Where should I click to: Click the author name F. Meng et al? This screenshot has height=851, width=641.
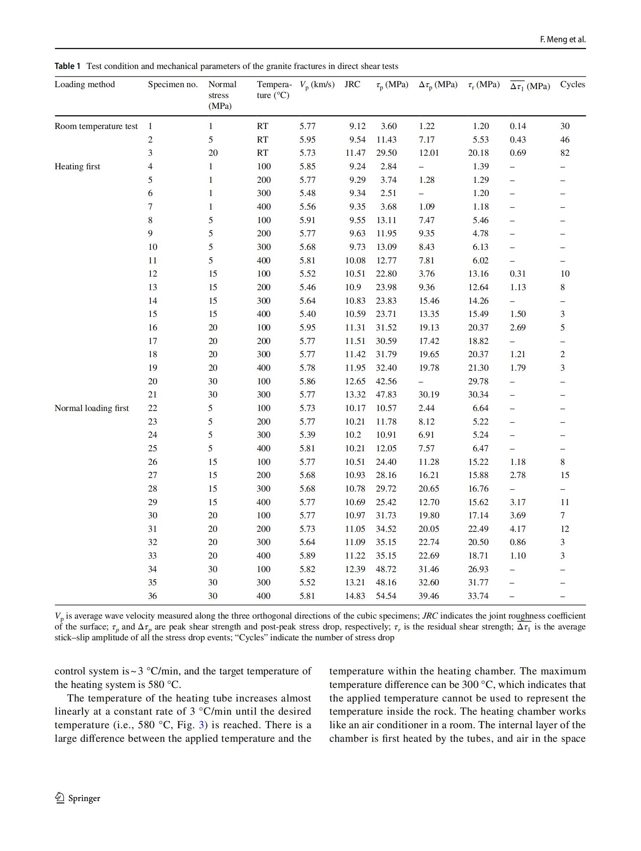[562, 40]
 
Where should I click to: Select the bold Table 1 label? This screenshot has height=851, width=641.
[67, 66]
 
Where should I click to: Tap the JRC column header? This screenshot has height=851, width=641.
[352, 84]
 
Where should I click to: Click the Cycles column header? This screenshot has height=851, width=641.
[572, 84]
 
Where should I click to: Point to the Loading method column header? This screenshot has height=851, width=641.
[84, 84]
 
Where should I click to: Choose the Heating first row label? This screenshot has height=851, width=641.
[77, 167]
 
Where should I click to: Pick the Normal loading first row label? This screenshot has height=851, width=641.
[91, 408]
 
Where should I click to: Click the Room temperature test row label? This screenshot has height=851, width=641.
[96, 126]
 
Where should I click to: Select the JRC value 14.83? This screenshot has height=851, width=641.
[355, 596]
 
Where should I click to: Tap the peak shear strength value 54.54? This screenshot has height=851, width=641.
[386, 596]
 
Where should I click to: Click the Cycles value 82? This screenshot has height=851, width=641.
[565, 153]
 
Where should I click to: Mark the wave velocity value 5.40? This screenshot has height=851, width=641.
[307, 314]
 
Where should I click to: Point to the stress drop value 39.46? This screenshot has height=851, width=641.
[428, 596]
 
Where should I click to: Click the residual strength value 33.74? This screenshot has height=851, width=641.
[478, 596]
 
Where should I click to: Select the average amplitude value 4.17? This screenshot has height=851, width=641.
[517, 529]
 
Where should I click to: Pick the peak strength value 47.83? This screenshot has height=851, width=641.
[386, 395]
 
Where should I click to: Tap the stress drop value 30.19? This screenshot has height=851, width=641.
[428, 395]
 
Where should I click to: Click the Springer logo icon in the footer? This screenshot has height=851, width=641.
[60, 798]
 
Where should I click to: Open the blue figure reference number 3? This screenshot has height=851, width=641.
[201, 725]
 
